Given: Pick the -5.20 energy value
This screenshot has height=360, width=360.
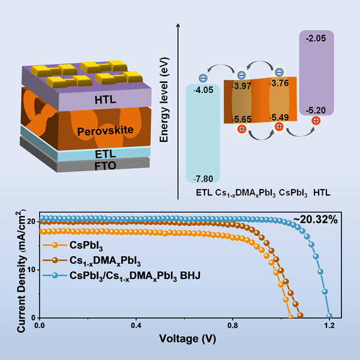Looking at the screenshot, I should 316,109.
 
